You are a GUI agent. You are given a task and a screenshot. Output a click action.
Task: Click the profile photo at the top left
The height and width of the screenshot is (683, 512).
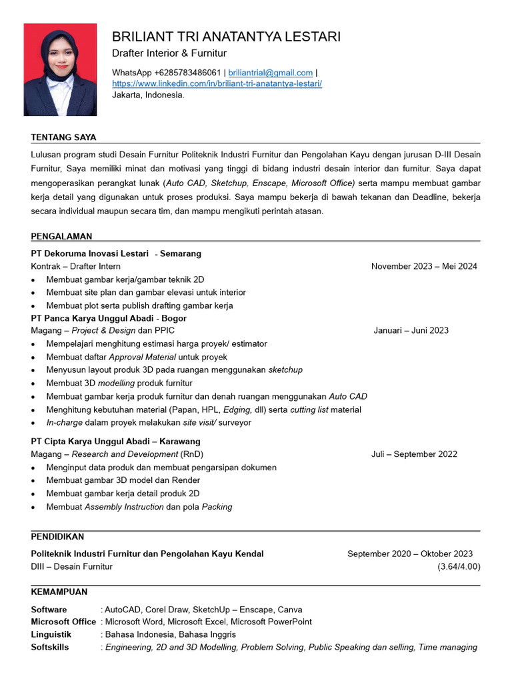tap(60, 70)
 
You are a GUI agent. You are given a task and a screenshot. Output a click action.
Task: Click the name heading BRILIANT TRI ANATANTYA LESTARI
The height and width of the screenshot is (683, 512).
tap(226, 36)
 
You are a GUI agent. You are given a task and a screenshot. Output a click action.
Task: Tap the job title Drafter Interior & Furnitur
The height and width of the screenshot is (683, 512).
tap(169, 53)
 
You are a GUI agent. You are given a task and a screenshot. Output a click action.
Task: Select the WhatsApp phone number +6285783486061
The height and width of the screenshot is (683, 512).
tap(187, 73)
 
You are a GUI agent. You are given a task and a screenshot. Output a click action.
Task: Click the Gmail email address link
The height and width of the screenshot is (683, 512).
tap(270, 73)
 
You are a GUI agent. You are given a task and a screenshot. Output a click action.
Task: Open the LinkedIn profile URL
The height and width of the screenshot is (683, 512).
tap(217, 83)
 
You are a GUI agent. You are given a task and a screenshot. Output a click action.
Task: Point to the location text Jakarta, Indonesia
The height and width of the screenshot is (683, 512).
tap(148, 95)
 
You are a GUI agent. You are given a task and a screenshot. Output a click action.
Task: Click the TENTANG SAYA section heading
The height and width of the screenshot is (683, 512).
tap(63, 137)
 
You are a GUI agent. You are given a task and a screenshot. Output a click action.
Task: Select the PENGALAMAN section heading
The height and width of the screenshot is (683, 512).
tap(61, 236)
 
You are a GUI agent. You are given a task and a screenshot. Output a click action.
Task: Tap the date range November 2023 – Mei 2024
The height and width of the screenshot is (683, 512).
tap(424, 266)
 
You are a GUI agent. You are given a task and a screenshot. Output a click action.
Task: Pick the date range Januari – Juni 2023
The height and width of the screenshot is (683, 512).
tap(411, 330)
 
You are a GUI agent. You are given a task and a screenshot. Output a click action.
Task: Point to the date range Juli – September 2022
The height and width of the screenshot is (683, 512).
tap(414, 454)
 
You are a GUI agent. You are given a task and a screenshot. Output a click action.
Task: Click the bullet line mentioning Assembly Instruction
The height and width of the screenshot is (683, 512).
tap(139, 507)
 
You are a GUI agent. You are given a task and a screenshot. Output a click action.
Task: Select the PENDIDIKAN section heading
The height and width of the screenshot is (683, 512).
tap(57, 536)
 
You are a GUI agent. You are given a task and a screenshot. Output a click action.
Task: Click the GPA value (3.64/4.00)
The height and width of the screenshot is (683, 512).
tap(459, 566)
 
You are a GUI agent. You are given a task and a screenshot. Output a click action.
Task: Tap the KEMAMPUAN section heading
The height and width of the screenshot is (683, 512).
tap(59, 592)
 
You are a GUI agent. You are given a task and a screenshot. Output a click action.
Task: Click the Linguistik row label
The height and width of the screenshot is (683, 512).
tap(51, 634)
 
